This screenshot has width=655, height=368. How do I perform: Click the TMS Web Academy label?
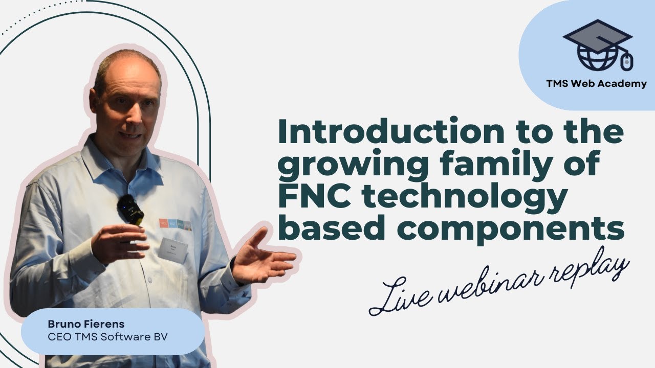(x=596, y=84)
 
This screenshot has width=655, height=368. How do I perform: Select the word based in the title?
(x=327, y=229)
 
